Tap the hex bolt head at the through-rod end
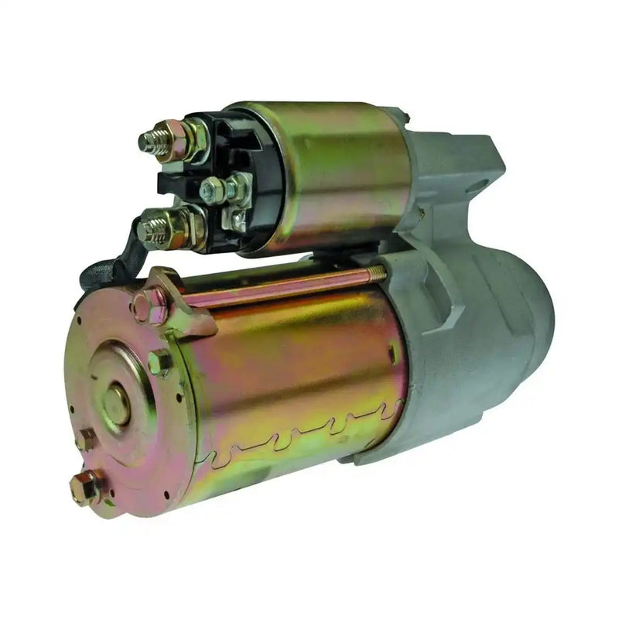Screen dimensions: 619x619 coord(147,305)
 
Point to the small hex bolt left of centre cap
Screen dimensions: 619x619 coord(84,439)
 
